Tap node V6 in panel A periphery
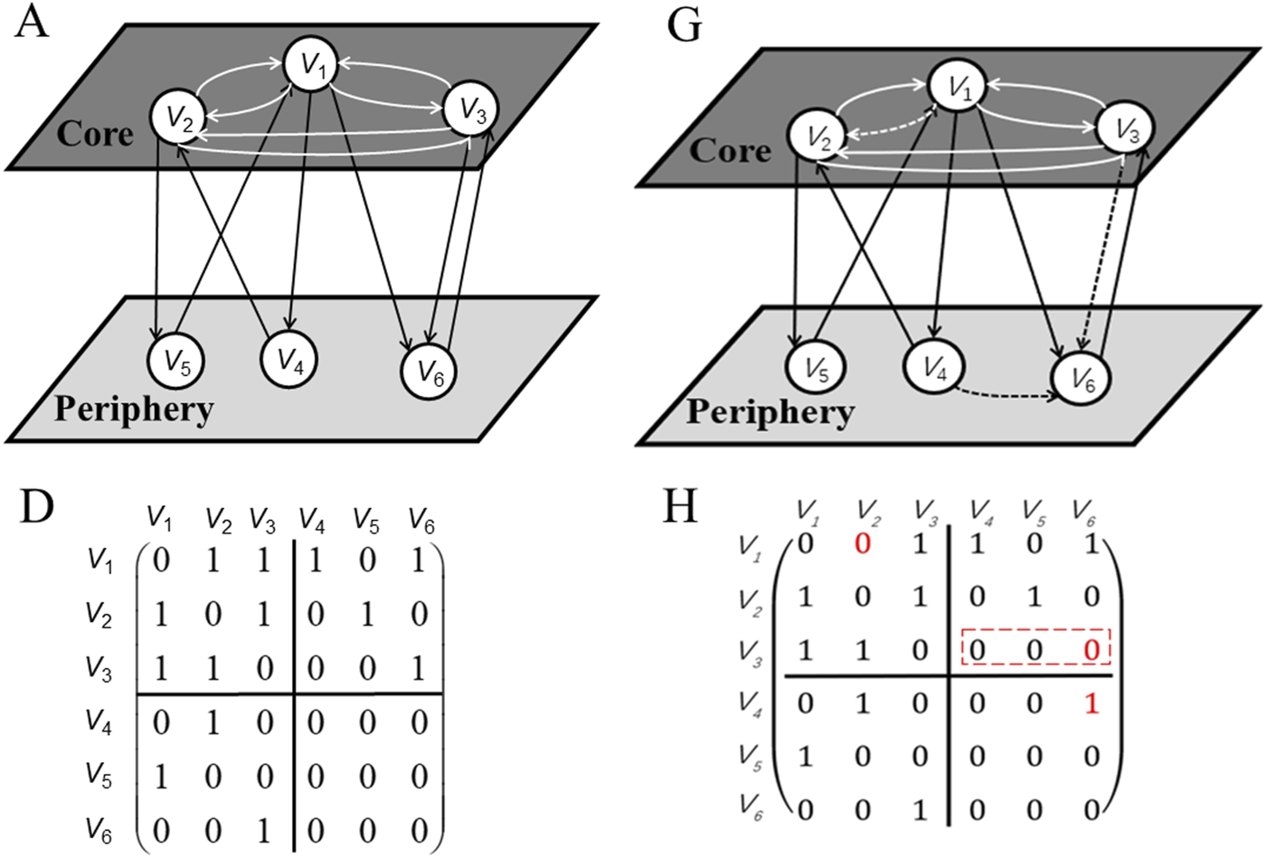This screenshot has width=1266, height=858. pyautogui.click(x=429, y=370)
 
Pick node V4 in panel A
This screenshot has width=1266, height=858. pyautogui.click(x=288, y=359)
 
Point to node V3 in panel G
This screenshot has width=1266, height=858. pyautogui.click(x=1124, y=130)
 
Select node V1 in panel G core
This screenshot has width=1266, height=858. pyautogui.click(x=959, y=87)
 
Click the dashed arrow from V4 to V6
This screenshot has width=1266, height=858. pyautogui.click(x=1004, y=394)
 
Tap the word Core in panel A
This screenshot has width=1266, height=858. pyautogui.click(x=95, y=134)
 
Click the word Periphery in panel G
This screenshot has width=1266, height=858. pyautogui.click(x=770, y=412)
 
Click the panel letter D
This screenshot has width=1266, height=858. pyautogui.click(x=37, y=510)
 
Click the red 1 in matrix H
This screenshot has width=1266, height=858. pyautogui.click(x=1091, y=703)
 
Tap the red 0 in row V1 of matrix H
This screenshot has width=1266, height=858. pyautogui.click(x=863, y=543)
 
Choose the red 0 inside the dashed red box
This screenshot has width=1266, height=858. pyautogui.click(x=1091, y=649)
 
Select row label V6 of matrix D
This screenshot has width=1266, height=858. pyautogui.click(x=99, y=829)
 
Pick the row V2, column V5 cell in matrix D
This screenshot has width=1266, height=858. pyautogui.click(x=366, y=615)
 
